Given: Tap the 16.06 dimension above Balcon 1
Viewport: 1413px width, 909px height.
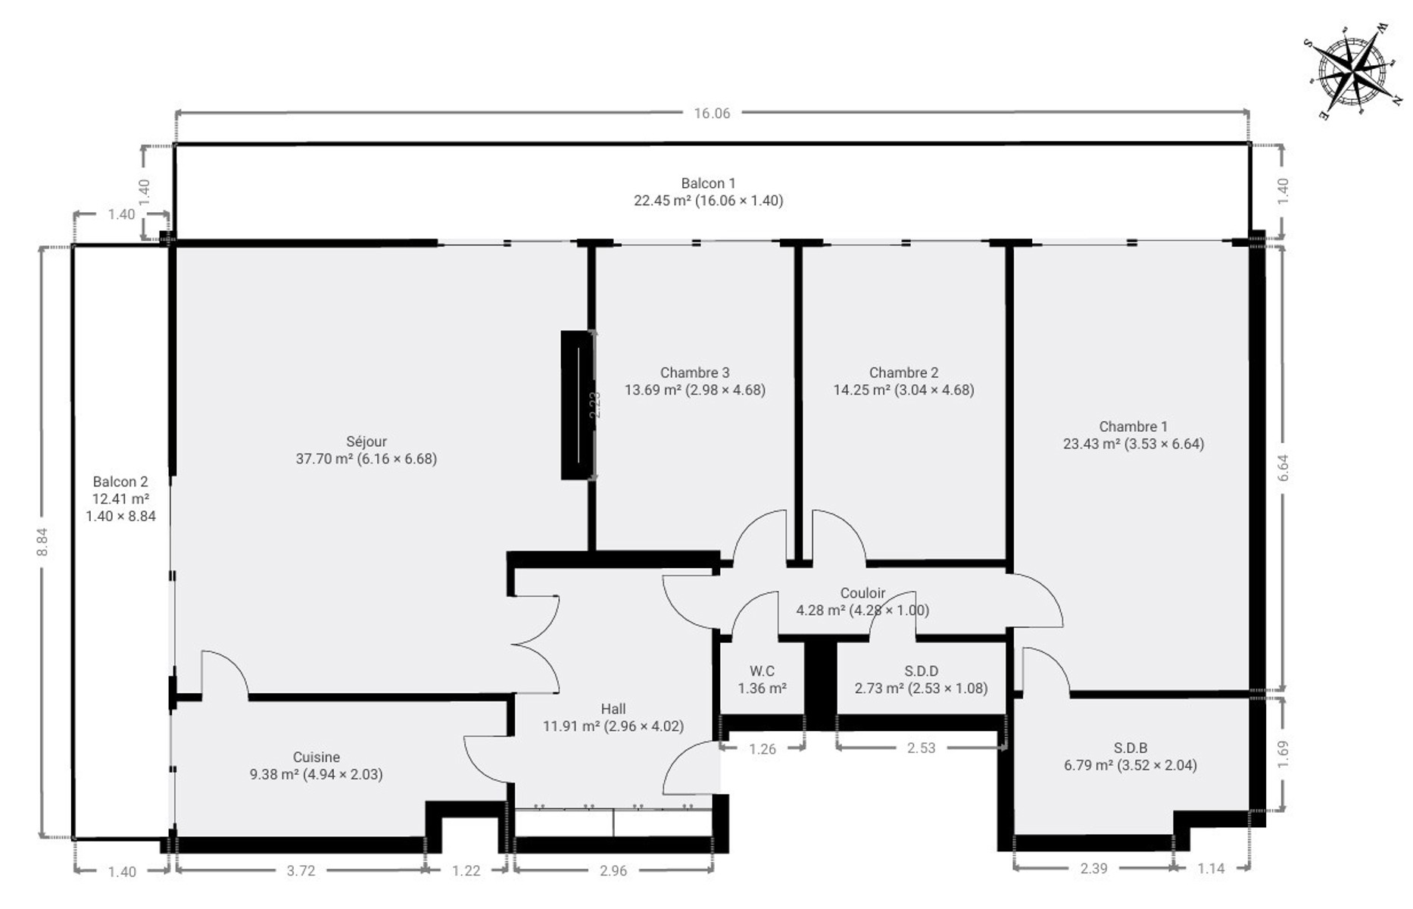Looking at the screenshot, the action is point(712,114).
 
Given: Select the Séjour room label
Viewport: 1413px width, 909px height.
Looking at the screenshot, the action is point(367,442).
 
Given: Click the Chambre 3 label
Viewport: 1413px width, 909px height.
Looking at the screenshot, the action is point(694,373).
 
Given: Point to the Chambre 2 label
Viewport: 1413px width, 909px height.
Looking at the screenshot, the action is point(903,373).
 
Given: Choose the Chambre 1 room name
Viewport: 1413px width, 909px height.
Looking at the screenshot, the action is point(1133,426).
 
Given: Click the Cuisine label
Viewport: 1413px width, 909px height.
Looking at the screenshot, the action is point(317,757).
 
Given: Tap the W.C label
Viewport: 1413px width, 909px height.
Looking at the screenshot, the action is point(762,671).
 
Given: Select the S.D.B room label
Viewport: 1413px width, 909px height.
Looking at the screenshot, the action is point(1131,748).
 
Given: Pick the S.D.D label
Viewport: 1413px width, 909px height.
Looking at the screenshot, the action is point(921,671).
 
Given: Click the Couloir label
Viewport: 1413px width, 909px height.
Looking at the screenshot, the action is point(862,593).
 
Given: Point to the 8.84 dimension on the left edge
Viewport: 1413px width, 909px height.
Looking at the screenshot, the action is point(42,542).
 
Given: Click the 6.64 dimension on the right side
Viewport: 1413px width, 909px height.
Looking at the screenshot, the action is point(1282,468).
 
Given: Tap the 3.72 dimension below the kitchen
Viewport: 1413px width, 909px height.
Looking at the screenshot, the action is point(301,871).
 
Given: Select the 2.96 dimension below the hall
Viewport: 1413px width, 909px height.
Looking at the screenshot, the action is point(613,871).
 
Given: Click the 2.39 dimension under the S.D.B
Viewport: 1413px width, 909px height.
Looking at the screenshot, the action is point(1093,869).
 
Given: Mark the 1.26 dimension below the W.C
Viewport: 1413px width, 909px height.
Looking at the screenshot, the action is point(763,749).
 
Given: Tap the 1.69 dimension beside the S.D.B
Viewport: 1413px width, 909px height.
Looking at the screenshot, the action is point(1282,754).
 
